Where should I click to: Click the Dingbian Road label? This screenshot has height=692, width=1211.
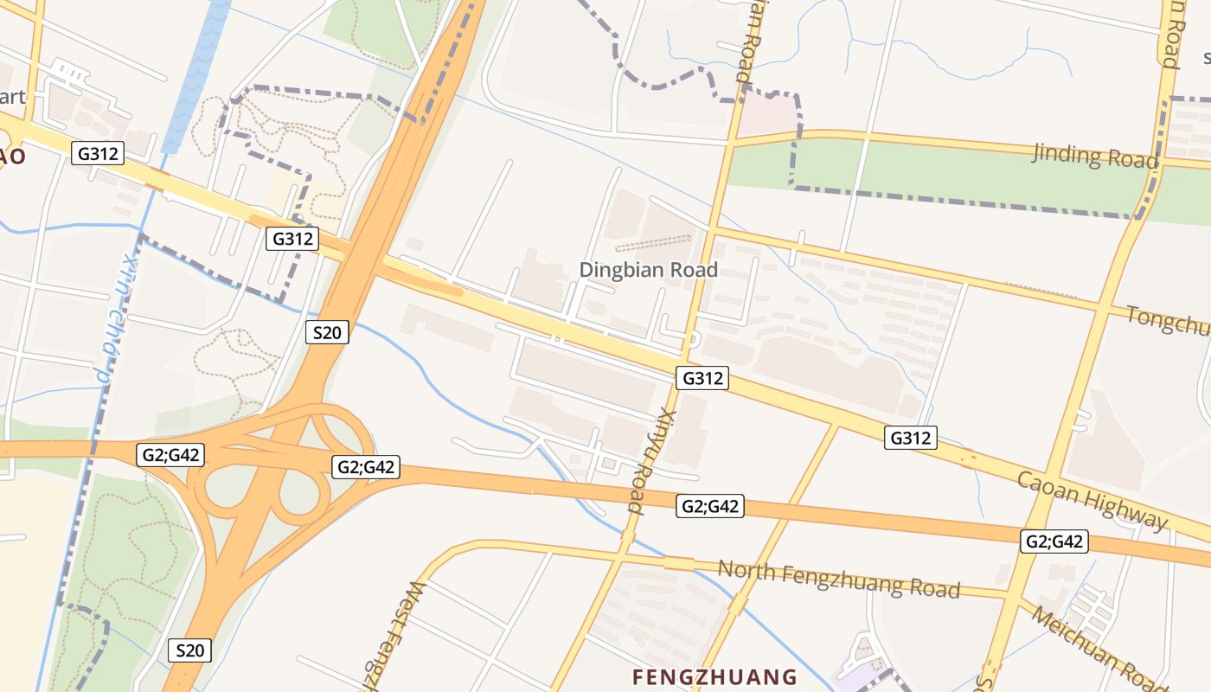(648, 270)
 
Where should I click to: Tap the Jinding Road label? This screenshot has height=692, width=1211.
(1094, 157)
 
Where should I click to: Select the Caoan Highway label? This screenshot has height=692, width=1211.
(1092, 500)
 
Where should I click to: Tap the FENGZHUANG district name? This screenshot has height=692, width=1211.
(714, 676)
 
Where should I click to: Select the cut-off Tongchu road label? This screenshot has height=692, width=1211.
(1168, 321)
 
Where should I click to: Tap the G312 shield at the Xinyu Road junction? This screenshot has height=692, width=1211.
(702, 378)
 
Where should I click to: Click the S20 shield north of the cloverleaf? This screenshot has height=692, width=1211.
(327, 332)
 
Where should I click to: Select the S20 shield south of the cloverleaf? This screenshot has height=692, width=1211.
(189, 650)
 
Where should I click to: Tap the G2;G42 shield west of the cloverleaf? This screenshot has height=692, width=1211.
(170, 455)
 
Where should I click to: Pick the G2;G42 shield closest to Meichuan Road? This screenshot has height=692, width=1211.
(1054, 542)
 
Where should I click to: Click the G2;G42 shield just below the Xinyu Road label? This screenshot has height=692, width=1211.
(709, 507)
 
